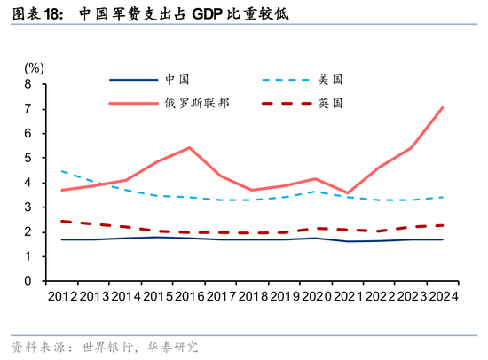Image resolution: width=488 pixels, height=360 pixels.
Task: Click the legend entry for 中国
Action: coord(177,79)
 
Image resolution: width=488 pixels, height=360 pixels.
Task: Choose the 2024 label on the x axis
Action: coord(441,296)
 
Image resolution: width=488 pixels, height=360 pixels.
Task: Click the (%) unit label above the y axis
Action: coord(33,67)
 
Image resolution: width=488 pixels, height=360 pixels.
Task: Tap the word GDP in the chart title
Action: coord(212,15)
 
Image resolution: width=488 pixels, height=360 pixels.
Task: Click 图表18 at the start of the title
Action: coord(35,15)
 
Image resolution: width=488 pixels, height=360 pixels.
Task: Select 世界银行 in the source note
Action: coord(106,346)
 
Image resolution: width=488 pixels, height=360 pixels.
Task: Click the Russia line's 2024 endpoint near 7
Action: coord(443,107)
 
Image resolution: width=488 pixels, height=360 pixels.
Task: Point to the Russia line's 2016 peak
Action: coord(190,147)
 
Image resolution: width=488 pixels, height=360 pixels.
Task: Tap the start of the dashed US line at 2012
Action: coord(60,171)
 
